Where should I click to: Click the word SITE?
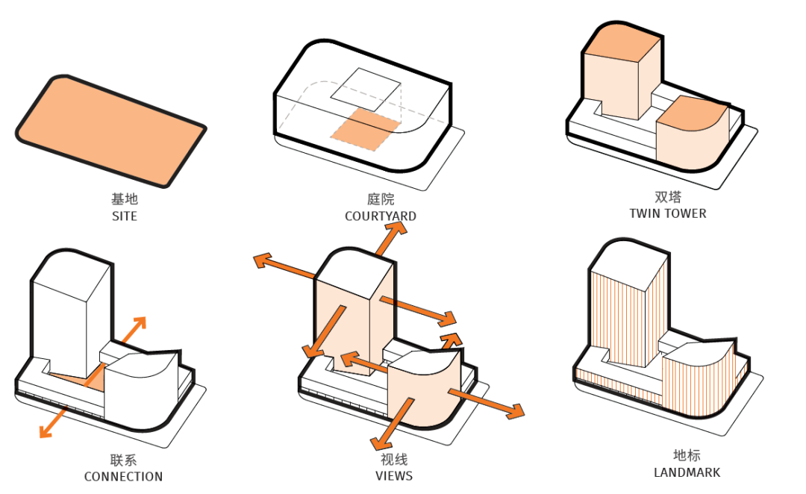[124, 216]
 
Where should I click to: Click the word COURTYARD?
[380, 216]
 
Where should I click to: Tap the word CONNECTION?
[123, 476]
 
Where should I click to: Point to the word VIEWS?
[394, 475]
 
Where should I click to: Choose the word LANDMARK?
[687, 472]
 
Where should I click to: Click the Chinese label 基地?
[125, 200]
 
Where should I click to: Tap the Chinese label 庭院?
[381, 200]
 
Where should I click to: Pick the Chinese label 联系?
[123, 460]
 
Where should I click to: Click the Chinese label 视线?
[394, 459]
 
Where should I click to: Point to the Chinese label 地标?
[687, 456]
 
